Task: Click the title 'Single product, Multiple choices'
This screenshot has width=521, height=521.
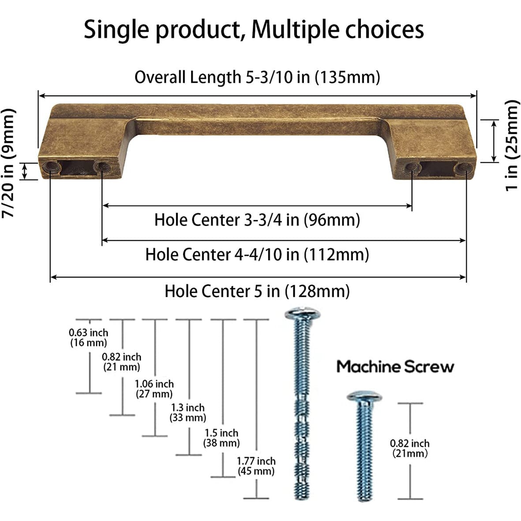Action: (x=254, y=30)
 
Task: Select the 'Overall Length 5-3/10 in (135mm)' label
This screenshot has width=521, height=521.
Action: (x=257, y=77)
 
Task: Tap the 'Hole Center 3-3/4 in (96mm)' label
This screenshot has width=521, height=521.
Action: (x=257, y=219)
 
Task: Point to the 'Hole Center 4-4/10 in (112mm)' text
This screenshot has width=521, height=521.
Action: (x=257, y=255)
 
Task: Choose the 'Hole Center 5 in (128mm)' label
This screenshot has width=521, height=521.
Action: (x=257, y=291)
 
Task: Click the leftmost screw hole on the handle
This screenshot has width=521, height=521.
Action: (x=50, y=166)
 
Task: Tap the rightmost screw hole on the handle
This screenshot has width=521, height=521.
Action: (x=461, y=167)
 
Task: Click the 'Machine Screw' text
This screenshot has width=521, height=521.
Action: (x=395, y=367)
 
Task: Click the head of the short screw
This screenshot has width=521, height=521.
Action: (x=364, y=396)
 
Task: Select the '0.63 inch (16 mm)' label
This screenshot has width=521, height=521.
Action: (x=88, y=337)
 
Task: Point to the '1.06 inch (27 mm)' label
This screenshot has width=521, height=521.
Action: (x=154, y=389)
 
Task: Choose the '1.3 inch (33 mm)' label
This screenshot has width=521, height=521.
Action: (x=188, y=412)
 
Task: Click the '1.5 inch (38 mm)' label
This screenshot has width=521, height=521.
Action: (x=221, y=438)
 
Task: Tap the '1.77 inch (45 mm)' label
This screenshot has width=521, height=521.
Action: (x=256, y=466)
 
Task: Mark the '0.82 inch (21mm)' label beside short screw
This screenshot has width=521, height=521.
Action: (x=410, y=448)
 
